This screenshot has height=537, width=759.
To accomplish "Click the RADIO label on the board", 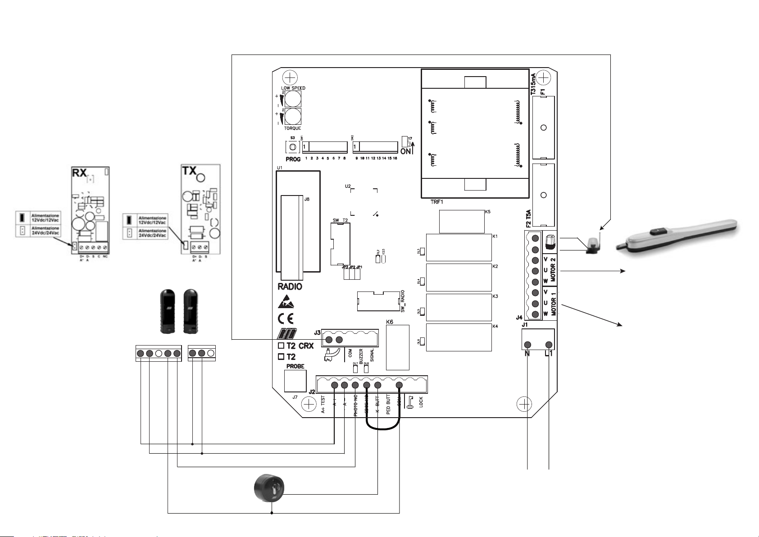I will pos(290,287).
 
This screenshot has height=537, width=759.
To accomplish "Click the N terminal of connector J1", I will pos(527,345).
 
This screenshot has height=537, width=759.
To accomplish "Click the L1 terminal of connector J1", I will pos(549,345).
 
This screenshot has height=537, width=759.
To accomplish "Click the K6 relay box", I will pos(398,346).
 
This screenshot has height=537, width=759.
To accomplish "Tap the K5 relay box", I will pos(461,222).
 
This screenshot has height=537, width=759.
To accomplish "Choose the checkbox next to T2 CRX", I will pos(281,346).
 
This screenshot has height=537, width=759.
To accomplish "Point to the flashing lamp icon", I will pos(592,244).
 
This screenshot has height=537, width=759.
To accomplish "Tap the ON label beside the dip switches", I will pos(405,151).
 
